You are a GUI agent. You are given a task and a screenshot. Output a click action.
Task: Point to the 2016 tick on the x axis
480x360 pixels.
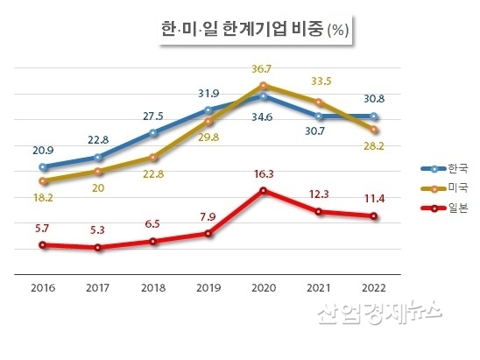click(x=43, y=286)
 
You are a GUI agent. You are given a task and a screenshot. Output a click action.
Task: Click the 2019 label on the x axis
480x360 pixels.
click(x=208, y=286)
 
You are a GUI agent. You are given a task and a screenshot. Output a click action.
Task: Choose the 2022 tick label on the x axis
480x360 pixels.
click(x=373, y=286)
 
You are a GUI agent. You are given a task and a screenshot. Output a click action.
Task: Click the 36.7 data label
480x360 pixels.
click(x=265, y=69)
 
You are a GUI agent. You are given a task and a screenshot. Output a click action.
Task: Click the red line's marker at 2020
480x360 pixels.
click(x=264, y=191)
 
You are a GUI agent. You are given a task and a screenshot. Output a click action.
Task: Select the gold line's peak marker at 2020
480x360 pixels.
click(x=264, y=85)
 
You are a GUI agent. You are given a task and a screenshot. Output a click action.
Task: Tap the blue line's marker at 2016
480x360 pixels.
click(x=43, y=166)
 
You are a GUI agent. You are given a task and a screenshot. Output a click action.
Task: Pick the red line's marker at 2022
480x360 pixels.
click(x=374, y=216)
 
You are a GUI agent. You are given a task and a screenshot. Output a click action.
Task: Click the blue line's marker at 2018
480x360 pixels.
click(x=153, y=133)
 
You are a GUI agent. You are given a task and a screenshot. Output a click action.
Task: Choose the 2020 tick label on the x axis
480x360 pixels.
click(x=263, y=286)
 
